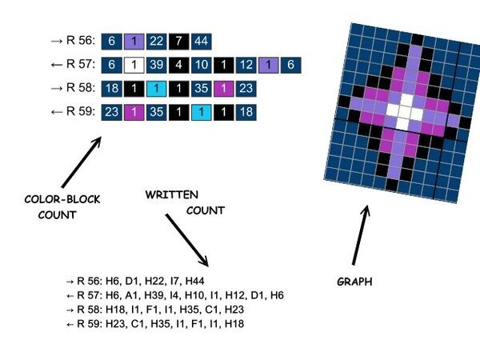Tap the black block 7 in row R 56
178,41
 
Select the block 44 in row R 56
199,41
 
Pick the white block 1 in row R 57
135,64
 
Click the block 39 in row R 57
157,64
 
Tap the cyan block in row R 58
158,88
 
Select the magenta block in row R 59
135,111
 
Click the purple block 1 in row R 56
135,41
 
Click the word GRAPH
355,282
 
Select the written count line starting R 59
155,323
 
